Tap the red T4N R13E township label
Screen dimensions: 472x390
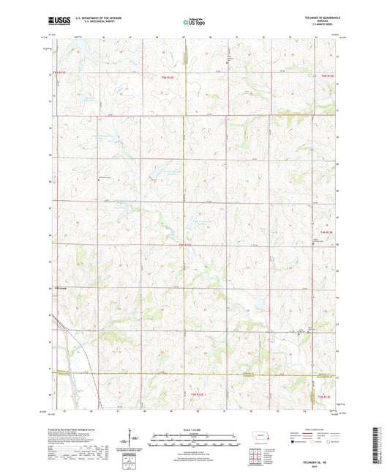tap(327, 232)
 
